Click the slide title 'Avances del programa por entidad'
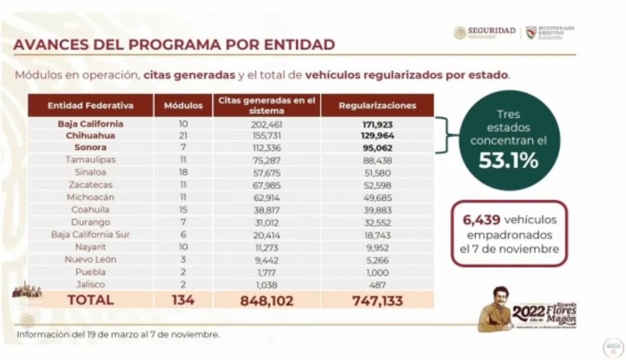(174, 45)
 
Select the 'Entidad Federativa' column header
(91, 106)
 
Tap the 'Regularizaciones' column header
(377, 106)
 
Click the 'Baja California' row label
(91, 124)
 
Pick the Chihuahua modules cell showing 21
(183, 135)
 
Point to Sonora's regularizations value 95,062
(377, 147)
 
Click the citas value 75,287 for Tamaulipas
(267, 159)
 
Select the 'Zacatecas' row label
(91, 185)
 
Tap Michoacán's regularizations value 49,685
(377, 197)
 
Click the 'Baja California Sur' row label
(91, 235)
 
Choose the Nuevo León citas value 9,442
(267, 260)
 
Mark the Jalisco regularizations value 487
(377, 285)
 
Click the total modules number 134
(183, 300)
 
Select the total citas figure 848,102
(267, 300)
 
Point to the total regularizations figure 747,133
(377, 300)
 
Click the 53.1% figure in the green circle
(509, 160)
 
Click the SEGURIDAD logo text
(491, 31)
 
